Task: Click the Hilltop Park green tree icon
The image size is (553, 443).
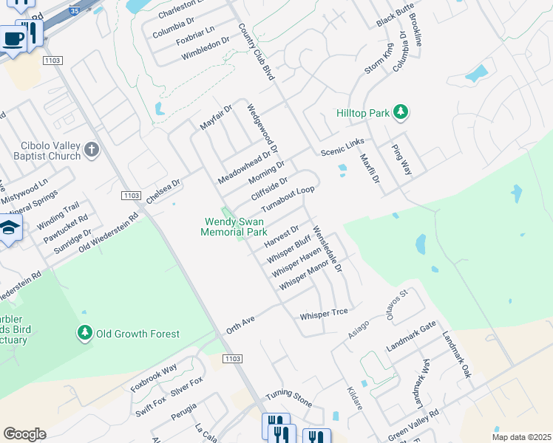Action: (401, 113)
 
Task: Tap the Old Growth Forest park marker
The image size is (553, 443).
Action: (85, 334)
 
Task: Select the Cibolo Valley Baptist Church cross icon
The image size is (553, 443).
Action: (91, 151)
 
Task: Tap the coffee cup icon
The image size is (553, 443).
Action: (13, 39)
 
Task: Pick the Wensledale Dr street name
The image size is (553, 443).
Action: (328, 250)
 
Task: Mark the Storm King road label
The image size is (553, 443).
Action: (378, 58)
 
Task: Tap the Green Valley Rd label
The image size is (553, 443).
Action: (413, 424)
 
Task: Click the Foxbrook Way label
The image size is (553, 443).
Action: (154, 377)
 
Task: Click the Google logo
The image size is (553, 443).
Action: (24, 434)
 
